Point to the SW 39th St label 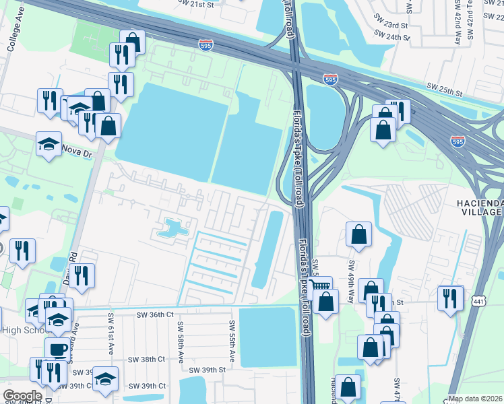[x=206, y=370]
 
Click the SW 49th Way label [x=350, y=273]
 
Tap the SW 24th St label [x=391, y=38]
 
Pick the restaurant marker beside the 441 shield [x=450, y=297]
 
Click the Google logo [x=22, y=396]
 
